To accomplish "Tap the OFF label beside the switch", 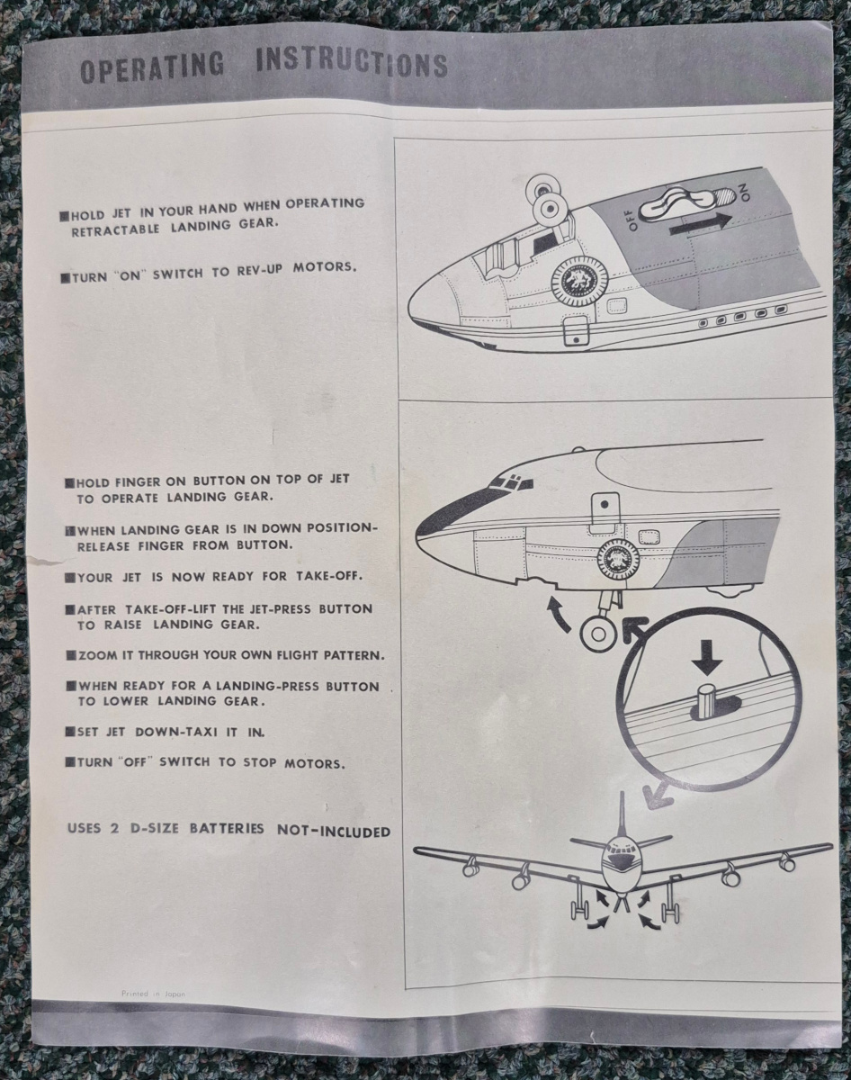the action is point(633,220).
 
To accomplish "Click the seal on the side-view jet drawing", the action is point(618,561).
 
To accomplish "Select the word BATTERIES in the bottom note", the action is point(227,828).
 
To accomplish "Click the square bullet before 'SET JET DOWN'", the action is point(70,733).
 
